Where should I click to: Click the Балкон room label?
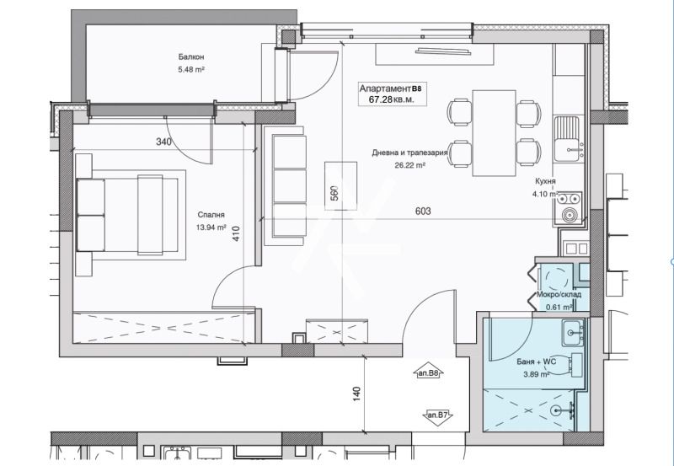[191, 56]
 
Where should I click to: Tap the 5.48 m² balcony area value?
[191, 69]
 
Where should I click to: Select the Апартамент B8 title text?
[390, 89]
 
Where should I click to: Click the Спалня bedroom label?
[211, 215]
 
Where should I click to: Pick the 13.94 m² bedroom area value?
[211, 228]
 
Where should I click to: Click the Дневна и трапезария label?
[409, 153]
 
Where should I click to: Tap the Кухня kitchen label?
[545, 181]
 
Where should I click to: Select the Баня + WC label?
[536, 362]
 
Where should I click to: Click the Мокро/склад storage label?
[559, 295]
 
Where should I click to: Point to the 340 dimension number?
[163, 142]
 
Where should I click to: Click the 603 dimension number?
[423, 211]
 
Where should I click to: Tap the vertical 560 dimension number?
[334, 193]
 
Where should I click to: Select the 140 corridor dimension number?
[356, 394]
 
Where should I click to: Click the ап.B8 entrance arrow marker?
[428, 372]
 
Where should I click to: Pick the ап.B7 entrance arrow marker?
[437, 416]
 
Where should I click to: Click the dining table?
[494, 133]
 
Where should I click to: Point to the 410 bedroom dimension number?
[236, 233]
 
